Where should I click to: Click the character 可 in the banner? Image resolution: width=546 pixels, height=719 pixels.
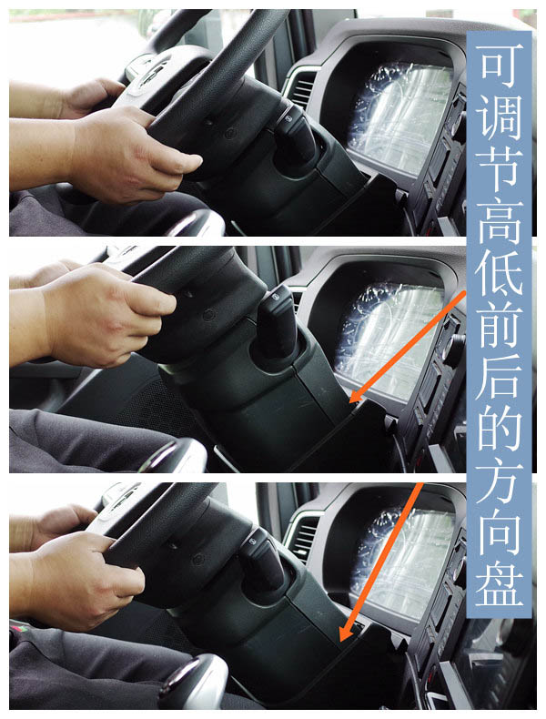point(500,66)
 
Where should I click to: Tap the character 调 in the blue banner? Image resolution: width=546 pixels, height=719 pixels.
point(500,116)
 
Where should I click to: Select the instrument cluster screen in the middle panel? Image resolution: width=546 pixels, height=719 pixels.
point(389,339)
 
